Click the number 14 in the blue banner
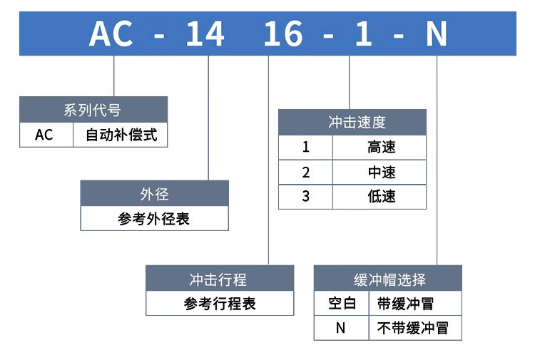tap(205, 34)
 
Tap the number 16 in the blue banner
tap(283, 34)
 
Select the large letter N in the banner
tap(437, 34)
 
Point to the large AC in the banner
tap(111, 34)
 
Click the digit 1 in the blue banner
tap(364, 34)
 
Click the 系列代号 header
tap(93, 110)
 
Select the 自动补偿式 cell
tap(121, 135)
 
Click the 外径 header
tap(155, 194)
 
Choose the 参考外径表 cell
tap(155, 218)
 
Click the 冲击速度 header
tap(352, 123)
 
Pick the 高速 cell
tap(379, 148)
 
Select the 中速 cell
tap(379, 173)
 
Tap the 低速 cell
tap(379, 197)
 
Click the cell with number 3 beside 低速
tap(306, 197)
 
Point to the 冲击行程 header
tap(220, 279)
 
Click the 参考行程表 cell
tap(220, 303)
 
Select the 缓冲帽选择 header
tap(388, 279)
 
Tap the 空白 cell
tap(342, 303)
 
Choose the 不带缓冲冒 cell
tap(415, 328)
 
